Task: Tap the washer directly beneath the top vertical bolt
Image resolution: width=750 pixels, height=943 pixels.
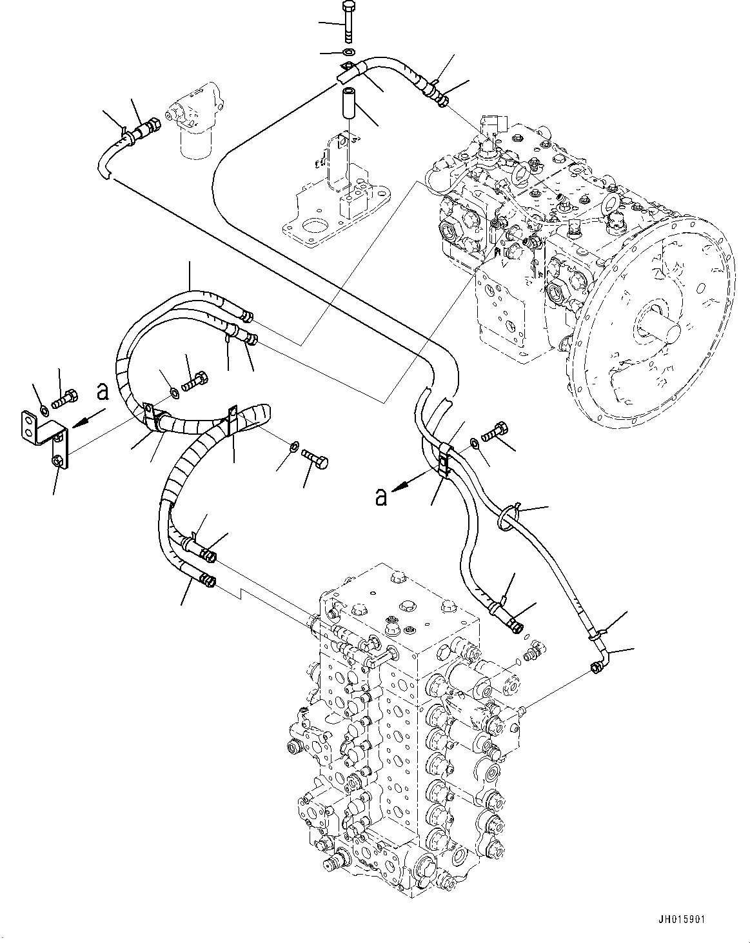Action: (x=349, y=52)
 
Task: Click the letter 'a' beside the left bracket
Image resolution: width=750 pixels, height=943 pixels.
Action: (x=101, y=391)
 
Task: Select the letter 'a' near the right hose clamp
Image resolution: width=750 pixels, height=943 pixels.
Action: (x=382, y=497)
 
